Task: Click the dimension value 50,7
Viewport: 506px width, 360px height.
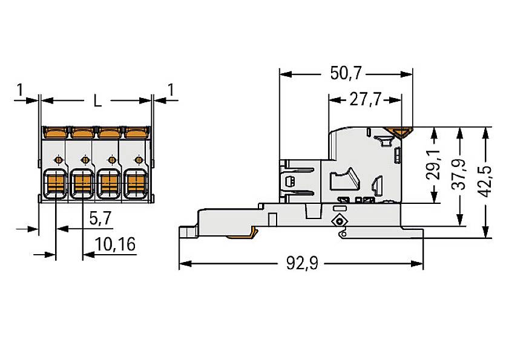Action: point(346,74)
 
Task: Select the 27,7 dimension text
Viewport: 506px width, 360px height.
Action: point(365,100)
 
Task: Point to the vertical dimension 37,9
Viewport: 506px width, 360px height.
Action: point(461,176)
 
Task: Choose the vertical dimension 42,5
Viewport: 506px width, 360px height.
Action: point(485,181)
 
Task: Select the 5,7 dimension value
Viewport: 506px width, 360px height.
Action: point(100,218)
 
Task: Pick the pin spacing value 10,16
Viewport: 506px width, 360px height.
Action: point(115,244)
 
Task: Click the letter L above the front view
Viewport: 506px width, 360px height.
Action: point(97,101)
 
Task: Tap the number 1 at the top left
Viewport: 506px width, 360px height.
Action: point(20,90)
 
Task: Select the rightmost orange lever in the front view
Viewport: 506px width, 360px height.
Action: point(136,131)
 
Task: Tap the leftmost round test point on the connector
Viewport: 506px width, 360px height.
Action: point(57,160)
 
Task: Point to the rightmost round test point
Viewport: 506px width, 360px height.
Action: point(139,160)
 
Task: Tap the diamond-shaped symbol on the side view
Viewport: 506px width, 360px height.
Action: point(339,221)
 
